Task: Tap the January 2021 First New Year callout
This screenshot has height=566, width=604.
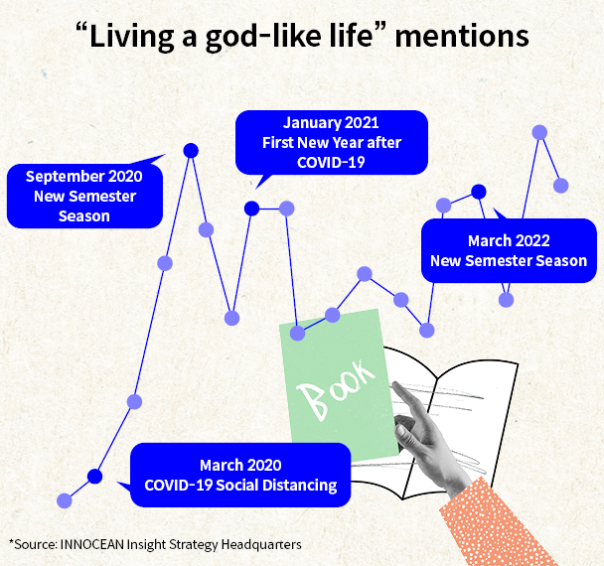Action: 331,142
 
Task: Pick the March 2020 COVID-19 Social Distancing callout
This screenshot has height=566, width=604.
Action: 240,475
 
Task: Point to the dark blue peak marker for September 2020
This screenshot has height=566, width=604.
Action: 191,150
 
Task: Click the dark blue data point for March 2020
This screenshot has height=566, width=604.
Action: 94,477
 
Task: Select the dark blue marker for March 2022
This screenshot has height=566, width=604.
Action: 478,191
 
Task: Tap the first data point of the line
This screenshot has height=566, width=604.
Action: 66,500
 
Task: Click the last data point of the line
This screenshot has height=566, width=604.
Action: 561,185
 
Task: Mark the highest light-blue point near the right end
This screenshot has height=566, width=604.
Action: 539,132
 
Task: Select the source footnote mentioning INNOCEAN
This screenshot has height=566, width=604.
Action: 154,544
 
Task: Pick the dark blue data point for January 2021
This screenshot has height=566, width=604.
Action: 252,208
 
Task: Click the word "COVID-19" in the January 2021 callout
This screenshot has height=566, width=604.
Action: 331,161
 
